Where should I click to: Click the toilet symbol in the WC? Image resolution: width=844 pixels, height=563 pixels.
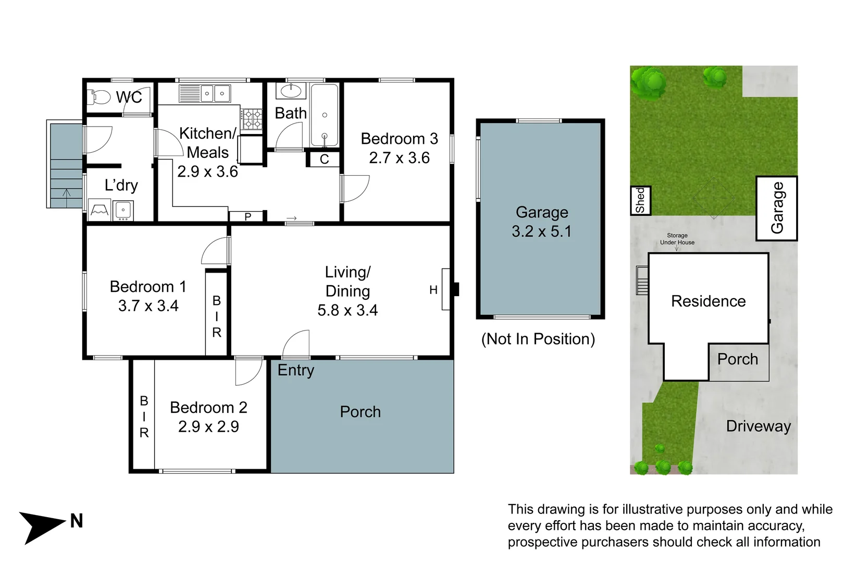pos(98,97)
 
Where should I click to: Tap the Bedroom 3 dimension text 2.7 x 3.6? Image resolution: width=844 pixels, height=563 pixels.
pos(400,157)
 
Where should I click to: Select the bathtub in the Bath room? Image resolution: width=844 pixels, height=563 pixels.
pos(325,115)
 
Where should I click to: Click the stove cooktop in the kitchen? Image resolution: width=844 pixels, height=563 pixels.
pos(252,119)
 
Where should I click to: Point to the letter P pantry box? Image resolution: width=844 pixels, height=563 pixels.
pos(247,216)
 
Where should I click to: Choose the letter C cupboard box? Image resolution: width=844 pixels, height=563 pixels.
pos(324,159)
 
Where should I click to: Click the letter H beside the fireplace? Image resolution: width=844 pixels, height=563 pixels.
pos(433,290)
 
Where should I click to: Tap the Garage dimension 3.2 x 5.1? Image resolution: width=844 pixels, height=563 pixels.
pos(541,231)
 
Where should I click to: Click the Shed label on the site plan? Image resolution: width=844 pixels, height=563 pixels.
pos(640,200)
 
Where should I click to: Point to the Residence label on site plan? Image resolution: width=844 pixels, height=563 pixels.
pos(709,301)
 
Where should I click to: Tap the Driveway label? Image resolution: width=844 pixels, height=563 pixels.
pos(759,426)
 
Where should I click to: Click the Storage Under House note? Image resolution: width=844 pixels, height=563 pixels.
pos(677,239)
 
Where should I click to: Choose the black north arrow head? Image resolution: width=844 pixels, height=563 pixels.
pos(42,528)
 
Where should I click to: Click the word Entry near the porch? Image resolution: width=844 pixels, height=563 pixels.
pos(296,371)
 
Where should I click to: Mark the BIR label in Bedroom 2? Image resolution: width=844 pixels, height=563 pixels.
pos(144,417)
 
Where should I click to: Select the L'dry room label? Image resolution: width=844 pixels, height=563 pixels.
pos(121,185)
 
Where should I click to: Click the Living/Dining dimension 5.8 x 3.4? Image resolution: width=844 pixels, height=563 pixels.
pos(347,310)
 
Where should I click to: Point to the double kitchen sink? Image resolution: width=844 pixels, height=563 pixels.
pos(205,93)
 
